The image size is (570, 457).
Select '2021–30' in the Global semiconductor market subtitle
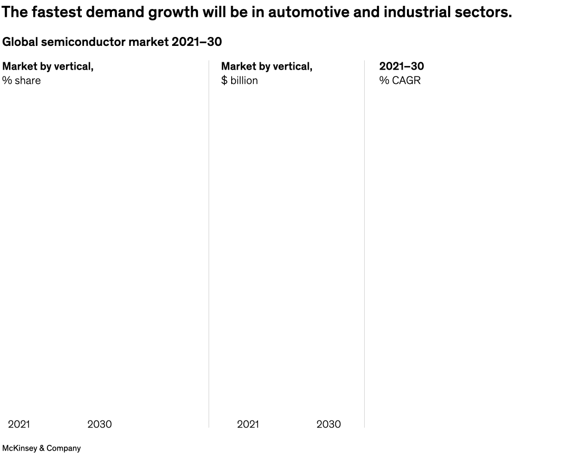point(196,42)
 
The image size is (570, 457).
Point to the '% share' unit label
point(21,81)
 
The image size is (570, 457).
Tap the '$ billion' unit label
point(240,81)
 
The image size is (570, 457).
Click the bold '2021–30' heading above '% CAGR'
point(402,66)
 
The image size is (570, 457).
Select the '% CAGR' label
point(400,81)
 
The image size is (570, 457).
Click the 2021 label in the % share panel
point(19,424)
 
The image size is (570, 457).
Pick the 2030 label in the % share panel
point(99,424)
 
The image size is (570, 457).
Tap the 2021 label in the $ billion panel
point(248,424)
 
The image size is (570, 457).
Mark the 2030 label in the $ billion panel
point(328,424)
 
